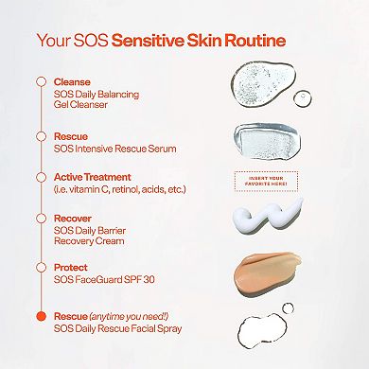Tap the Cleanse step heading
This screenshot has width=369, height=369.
point(73,82)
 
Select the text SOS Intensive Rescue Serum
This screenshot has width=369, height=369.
point(115,149)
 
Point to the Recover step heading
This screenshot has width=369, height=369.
point(74,218)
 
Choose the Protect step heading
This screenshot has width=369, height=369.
point(72,268)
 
